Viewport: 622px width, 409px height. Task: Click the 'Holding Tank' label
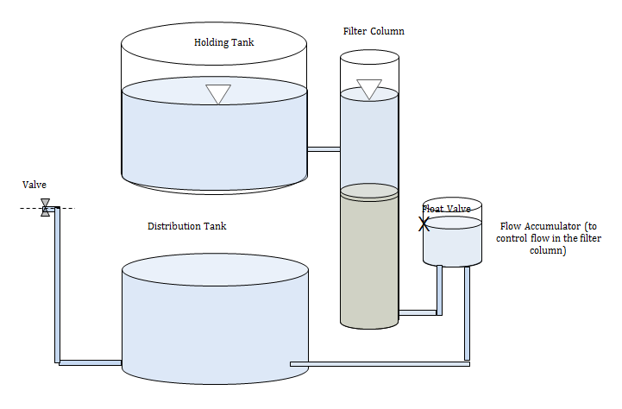(223, 42)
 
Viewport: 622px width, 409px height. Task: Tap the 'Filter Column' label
(374, 31)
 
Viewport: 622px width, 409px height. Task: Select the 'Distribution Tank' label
(187, 226)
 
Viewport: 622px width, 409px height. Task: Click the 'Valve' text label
(35, 185)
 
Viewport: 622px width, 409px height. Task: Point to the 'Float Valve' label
(446, 209)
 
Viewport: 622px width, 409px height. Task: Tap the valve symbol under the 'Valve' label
(46, 207)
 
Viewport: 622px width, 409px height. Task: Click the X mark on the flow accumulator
(424, 224)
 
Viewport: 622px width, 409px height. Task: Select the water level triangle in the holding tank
(218, 94)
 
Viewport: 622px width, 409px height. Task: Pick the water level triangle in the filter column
(369, 89)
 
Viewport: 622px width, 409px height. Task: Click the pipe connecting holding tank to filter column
(324, 149)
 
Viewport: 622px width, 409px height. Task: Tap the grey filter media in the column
(369, 258)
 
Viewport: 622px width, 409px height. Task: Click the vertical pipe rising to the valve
(57, 285)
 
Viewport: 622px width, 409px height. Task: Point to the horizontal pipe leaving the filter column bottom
(418, 312)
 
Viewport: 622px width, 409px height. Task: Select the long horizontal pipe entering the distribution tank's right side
(380, 364)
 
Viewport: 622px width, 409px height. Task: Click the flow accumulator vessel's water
(452, 242)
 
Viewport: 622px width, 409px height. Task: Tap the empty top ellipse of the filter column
(369, 57)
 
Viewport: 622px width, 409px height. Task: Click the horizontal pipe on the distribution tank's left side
(90, 362)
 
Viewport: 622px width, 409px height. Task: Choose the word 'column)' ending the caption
(548, 250)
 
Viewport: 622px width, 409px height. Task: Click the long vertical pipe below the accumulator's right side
(468, 313)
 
